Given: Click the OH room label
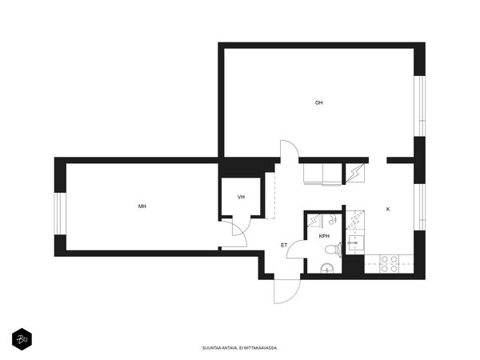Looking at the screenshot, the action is click(x=318, y=103).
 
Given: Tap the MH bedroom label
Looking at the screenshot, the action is click(x=142, y=206).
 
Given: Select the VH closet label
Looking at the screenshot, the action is click(x=241, y=197).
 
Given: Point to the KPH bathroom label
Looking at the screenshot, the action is click(x=324, y=236).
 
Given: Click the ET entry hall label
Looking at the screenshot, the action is click(x=284, y=246).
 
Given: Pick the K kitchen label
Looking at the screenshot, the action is click(x=388, y=210).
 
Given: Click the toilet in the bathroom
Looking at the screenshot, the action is click(x=334, y=249).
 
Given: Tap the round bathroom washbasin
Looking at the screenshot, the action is click(x=327, y=269).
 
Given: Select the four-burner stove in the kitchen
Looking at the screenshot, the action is click(x=390, y=264).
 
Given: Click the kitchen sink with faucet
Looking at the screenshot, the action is click(x=355, y=243).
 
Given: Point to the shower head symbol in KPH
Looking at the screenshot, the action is click(x=333, y=219).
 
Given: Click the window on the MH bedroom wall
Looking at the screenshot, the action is click(x=60, y=214).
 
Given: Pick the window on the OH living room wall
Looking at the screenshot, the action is click(x=420, y=106).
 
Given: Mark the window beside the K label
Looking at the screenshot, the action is click(x=420, y=207).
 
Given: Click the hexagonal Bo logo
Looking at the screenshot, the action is click(x=22, y=339).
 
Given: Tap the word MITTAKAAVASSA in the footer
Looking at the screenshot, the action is click(x=262, y=348).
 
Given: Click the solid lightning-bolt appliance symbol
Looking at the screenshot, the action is click(x=355, y=174).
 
